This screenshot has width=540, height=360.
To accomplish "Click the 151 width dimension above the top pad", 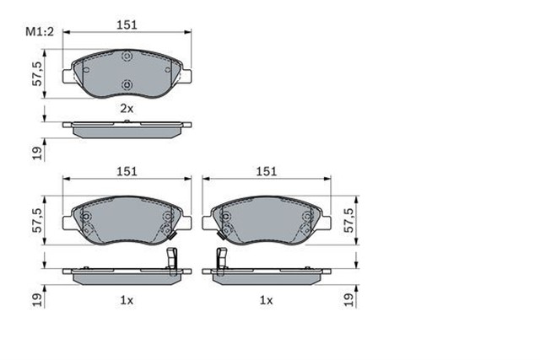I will tap(127, 26).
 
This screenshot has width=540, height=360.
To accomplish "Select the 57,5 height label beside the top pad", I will tap(36, 73).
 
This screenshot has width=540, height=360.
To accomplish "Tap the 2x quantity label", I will tap(127, 110).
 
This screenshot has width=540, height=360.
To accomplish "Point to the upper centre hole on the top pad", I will tap(127, 57).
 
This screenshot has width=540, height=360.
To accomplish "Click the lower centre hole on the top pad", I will tap(127, 84).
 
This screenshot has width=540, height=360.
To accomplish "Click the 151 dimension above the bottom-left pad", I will tap(127, 171).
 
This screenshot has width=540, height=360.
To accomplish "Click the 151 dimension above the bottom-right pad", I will tap(267, 171).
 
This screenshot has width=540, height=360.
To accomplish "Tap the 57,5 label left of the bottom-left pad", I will tap(36, 221).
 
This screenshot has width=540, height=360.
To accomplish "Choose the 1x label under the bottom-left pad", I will tap(127, 299).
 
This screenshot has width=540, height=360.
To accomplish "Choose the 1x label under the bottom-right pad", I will tap(267, 299).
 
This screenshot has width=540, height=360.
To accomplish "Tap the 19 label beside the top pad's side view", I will tap(36, 152).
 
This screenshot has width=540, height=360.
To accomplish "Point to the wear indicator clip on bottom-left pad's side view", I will tap(173, 263).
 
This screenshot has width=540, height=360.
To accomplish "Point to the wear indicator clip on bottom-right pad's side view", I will tap(221, 263).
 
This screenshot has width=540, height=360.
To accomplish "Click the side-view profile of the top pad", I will tap(127, 129).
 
